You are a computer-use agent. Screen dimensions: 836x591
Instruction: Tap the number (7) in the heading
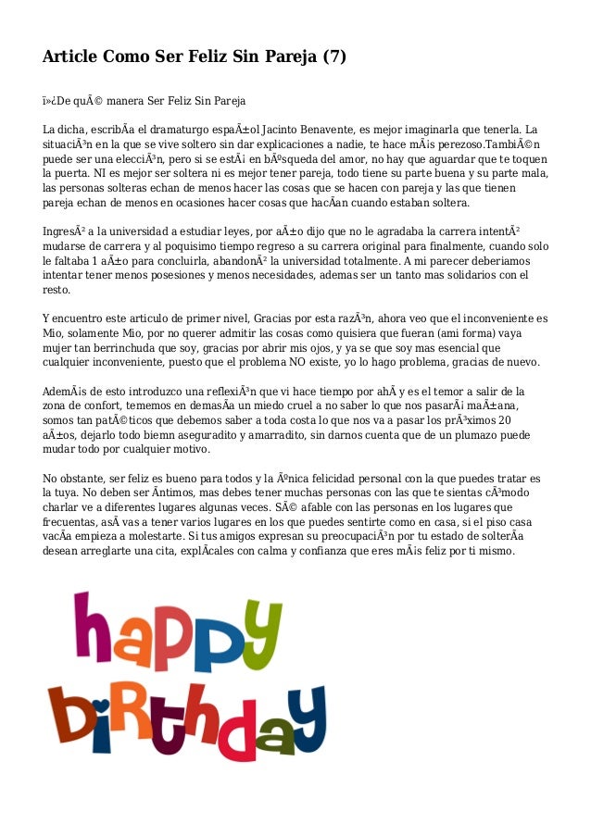(x=333, y=56)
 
